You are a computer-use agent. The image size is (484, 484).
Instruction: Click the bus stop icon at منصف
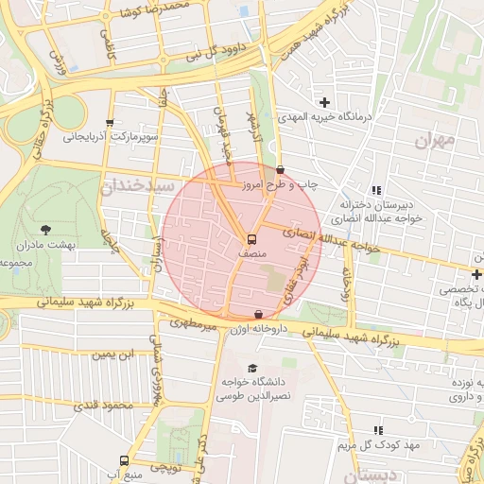(x=251, y=240)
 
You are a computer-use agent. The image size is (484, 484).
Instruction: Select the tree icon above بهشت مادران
(x=44, y=229)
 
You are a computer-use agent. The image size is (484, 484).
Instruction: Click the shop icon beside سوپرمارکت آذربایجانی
(x=111, y=123)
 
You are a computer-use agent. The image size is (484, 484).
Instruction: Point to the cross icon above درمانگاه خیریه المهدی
(x=325, y=102)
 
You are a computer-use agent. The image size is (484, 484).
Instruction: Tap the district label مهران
(x=436, y=140)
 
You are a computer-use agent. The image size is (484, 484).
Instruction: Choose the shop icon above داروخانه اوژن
(x=259, y=314)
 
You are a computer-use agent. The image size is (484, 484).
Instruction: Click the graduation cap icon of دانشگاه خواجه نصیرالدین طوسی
(x=251, y=368)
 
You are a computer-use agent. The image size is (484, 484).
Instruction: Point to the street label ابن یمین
(x=112, y=355)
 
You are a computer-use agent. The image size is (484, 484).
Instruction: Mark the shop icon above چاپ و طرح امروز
(x=279, y=170)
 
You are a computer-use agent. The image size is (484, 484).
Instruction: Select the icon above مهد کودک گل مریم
(x=379, y=430)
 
